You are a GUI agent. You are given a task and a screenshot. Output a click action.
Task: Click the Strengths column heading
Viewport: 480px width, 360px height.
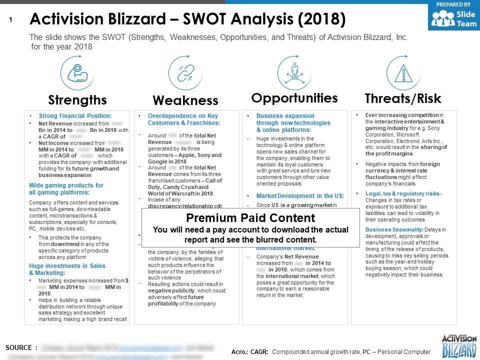point(77,99)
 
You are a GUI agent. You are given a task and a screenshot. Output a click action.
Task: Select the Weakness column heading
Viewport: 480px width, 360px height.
point(185,100)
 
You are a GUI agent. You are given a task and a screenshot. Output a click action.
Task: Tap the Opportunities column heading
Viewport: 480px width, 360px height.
point(294,97)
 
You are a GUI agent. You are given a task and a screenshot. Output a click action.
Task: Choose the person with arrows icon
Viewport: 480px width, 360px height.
point(294,72)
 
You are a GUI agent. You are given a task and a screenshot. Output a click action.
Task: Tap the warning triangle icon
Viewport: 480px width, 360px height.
point(403,72)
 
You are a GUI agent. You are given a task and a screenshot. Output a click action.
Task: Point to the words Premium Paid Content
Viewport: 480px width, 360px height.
point(250,218)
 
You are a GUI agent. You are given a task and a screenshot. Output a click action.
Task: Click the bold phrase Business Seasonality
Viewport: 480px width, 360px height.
point(386,229)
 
